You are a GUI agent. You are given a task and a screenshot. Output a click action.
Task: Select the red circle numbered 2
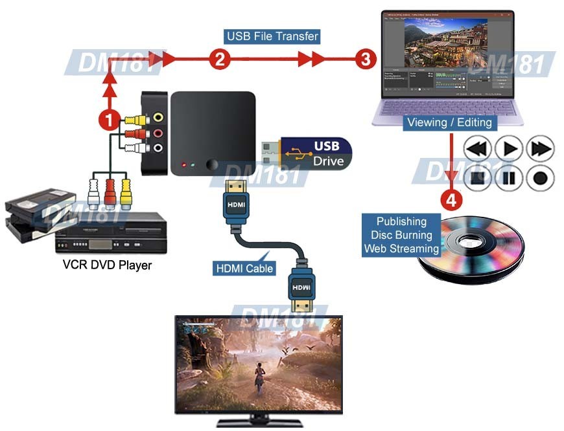point(220,60)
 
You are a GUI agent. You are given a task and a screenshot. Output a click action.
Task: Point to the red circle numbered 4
point(451,199)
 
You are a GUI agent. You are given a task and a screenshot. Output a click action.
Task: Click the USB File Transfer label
point(272,36)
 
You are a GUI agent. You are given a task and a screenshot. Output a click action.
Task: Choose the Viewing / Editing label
point(449,122)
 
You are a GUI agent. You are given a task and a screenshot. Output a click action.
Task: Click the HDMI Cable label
point(243,268)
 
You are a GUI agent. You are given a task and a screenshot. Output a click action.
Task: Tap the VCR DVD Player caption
point(107,265)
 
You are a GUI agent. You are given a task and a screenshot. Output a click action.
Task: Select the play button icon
point(510,148)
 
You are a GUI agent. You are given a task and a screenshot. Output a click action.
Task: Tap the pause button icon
point(510,177)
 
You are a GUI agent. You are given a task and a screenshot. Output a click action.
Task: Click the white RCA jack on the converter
point(159,148)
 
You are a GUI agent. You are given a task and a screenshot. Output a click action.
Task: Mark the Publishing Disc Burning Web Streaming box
point(401,235)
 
